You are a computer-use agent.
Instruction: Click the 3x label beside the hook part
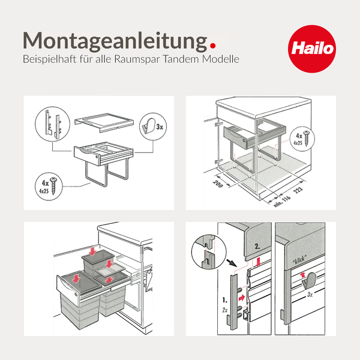pos(160,128)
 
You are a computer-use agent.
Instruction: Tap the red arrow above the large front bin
pos(76,278)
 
